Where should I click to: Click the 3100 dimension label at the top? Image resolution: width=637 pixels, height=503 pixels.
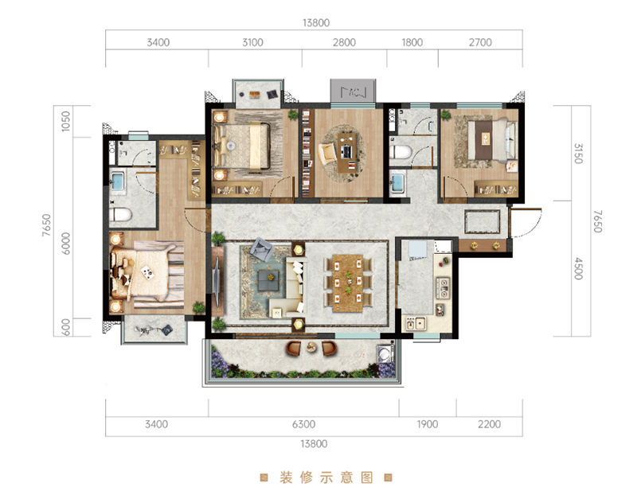(252, 42)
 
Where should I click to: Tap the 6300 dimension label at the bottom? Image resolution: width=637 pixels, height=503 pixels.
(303, 424)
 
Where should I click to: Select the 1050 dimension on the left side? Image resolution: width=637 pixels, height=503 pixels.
(65, 121)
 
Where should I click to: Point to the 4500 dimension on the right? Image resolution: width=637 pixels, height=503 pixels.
(578, 268)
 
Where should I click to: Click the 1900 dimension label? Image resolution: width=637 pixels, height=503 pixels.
(428, 424)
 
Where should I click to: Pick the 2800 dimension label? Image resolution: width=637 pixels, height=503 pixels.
(344, 42)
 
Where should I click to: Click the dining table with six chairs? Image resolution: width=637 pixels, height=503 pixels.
(348, 283)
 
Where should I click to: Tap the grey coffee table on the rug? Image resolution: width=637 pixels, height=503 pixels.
(268, 280)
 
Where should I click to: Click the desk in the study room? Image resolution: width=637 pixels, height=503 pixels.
(347, 152)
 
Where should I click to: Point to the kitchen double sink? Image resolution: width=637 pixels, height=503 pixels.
(415, 324)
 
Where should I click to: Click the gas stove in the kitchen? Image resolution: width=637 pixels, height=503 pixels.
(443, 287)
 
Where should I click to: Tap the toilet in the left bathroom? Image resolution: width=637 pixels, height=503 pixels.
(120, 214)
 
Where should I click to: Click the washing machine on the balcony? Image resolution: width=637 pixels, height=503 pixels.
(385, 353)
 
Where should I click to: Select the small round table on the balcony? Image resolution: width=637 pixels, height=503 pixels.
(311, 347)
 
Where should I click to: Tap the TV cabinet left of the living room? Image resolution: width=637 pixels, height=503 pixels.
(217, 281)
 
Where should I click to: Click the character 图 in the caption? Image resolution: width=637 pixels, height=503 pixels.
(367, 478)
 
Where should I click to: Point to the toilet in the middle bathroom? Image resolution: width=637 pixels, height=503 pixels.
(401, 152)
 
